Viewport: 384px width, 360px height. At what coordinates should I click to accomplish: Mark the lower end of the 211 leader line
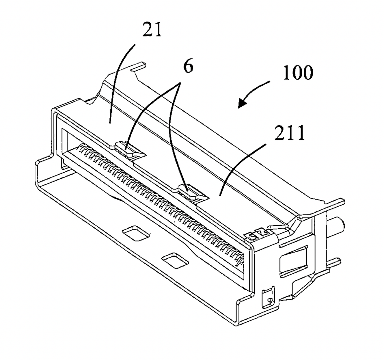click(x=220, y=195)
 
